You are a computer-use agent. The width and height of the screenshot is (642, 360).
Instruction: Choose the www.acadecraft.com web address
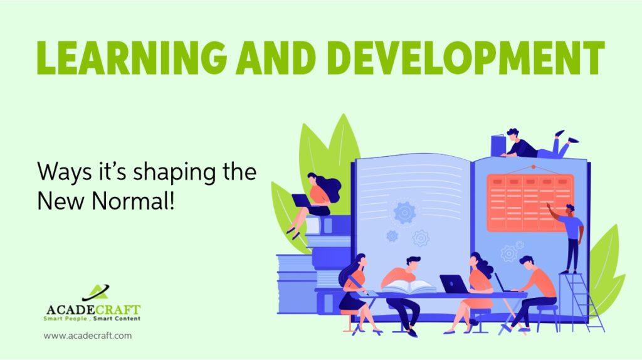coord(88,336)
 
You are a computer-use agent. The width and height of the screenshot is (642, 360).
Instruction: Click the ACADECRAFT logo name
coord(93,309)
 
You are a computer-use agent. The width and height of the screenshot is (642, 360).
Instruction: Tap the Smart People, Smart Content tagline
coord(92,318)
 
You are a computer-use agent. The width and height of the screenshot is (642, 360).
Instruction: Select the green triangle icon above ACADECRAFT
coord(96,292)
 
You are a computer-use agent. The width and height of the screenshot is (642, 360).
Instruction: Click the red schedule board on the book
coord(530,203)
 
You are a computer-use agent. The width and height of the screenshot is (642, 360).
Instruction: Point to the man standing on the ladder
coord(571,238)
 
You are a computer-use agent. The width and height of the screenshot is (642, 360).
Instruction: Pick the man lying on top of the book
coord(540,144)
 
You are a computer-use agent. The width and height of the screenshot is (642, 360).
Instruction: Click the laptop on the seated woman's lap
coord(302,201)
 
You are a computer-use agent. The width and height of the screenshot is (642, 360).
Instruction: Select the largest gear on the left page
coord(404,212)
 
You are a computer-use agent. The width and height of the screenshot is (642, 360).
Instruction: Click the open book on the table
coord(409,287)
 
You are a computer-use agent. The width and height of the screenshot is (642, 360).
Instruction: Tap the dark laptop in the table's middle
coord(454,284)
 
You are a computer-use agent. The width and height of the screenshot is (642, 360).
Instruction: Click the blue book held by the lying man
coord(498,146)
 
